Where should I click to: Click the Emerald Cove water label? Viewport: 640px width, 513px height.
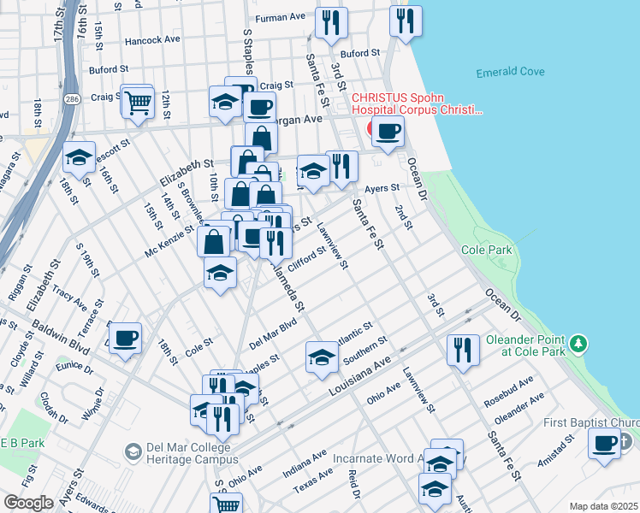[510, 72]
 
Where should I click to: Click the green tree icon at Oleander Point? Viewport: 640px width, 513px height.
[580, 343]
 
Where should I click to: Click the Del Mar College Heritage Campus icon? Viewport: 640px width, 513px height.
[133, 450]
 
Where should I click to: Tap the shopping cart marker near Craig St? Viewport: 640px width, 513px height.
[137, 102]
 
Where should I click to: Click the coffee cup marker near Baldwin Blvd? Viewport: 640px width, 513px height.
[126, 338]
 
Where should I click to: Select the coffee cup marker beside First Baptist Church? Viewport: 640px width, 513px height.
[605, 444]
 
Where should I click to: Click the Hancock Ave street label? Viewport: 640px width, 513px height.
[152, 39]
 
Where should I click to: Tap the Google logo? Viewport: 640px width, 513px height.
[28, 503]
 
